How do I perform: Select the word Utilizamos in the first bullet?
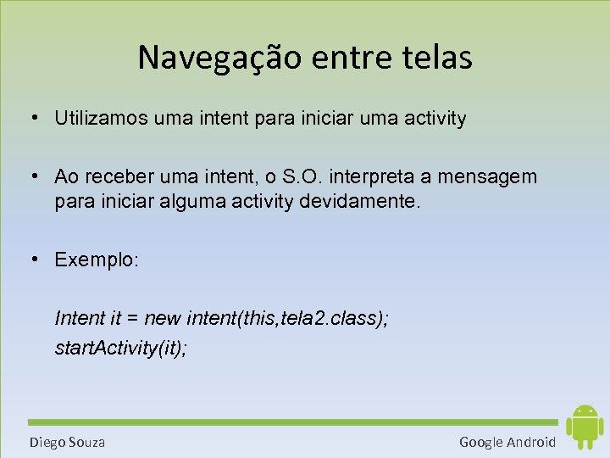click(101, 119)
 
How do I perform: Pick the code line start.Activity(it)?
click(120, 348)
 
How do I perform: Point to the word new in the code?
click(163, 318)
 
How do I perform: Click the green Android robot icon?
click(584, 427)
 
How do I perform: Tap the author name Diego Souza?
click(68, 442)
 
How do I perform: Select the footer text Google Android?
click(507, 442)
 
